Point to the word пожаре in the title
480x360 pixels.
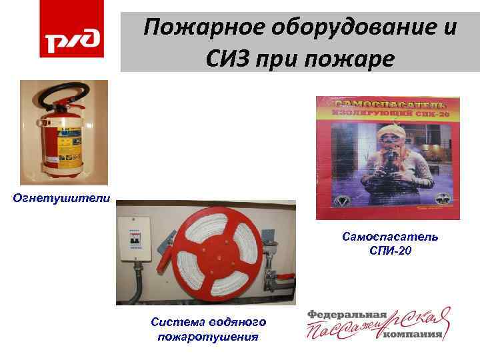357,59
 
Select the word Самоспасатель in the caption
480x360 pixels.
390,237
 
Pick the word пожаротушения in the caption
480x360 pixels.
208,336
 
